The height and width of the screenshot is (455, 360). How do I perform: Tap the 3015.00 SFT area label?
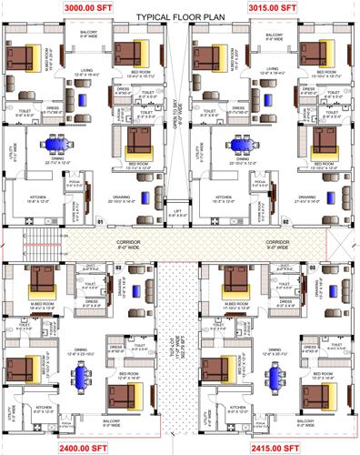pyautogui.click(x=274, y=6)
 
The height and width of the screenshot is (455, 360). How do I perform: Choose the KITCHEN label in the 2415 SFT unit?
pyautogui.click(x=237, y=409)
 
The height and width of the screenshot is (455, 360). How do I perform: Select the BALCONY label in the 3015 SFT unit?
pyautogui.click(x=275, y=37)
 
